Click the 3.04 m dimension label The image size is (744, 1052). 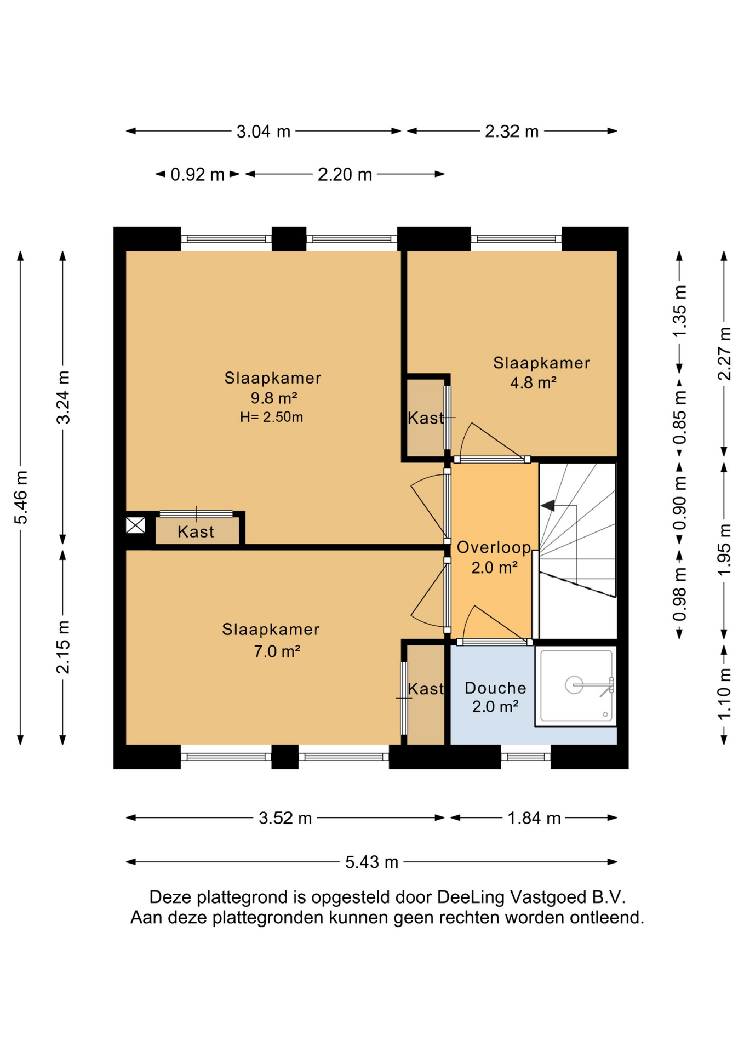click(263, 131)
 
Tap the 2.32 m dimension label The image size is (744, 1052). click(512, 131)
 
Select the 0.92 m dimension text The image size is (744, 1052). click(197, 175)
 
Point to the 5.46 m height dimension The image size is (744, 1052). click(21, 497)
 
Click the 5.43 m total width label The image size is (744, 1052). click(371, 862)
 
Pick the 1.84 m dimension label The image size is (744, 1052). click(534, 818)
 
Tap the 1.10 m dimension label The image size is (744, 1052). click(724, 694)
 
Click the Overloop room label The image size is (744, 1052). click(494, 547)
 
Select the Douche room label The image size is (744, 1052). click(495, 688)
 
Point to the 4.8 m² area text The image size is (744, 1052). click(533, 382)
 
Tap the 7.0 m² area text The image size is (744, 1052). click(277, 651)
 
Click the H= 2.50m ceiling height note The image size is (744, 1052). click(271, 418)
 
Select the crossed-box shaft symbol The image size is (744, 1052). click(135, 525)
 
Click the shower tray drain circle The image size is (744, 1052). click(574, 685)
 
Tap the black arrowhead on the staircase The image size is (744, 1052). click(547, 506)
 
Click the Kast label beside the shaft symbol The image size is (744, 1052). click(196, 532)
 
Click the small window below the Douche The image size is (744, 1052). click(525, 757)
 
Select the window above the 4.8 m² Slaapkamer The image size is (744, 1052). click(516, 239)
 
